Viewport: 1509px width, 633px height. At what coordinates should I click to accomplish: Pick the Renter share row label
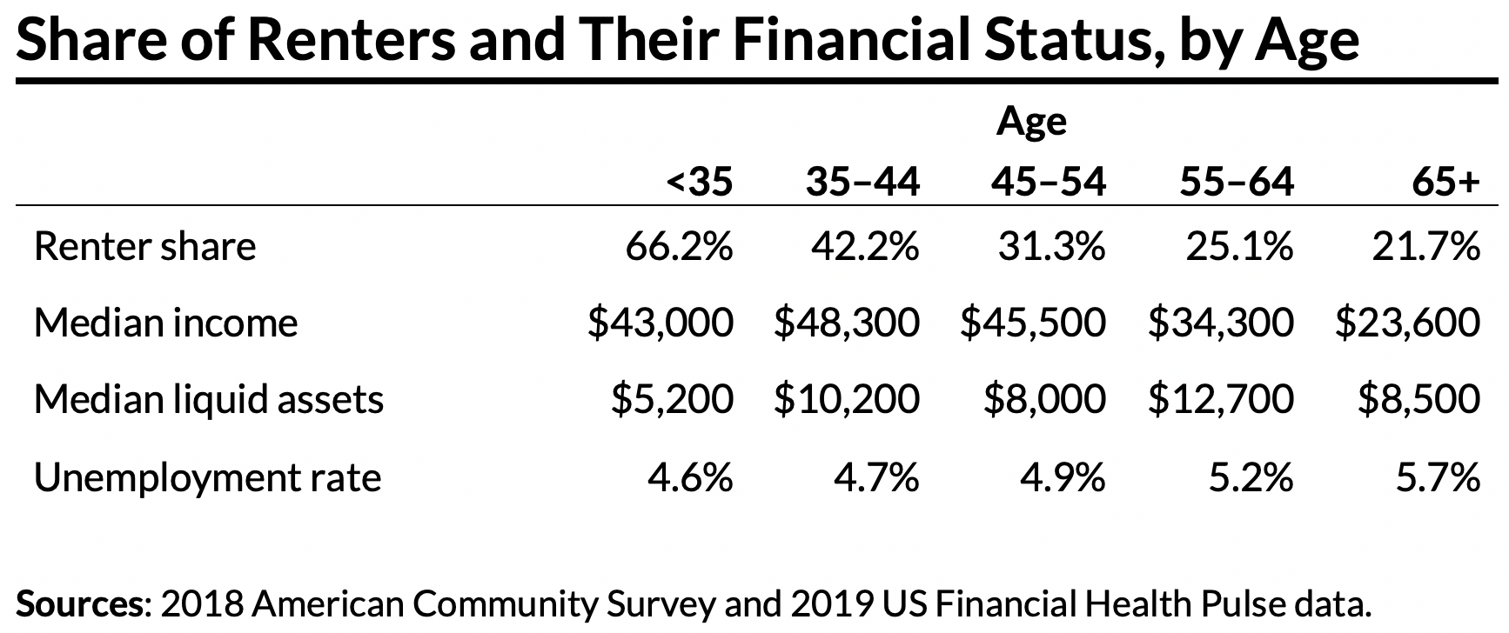[144, 247]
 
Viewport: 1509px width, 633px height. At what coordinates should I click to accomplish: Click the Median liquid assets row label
[208, 400]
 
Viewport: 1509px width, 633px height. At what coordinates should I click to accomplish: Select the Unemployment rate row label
[207, 477]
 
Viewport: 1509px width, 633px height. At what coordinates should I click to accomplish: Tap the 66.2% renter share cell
[679, 247]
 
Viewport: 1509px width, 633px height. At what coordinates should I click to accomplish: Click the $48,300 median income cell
[846, 323]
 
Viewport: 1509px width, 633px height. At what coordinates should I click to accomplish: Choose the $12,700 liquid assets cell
[1220, 400]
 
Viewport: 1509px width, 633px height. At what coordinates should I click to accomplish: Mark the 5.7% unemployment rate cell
[1437, 477]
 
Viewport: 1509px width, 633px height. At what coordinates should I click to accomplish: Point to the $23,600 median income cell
[1407, 323]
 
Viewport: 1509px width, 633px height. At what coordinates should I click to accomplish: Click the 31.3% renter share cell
[1051, 247]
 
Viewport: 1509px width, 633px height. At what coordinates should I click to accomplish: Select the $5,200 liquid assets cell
[671, 400]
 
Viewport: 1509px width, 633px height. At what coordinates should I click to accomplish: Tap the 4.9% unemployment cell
[1063, 477]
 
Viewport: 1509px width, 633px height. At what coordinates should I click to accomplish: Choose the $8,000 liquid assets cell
[1044, 400]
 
